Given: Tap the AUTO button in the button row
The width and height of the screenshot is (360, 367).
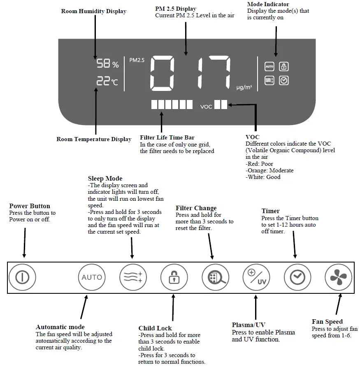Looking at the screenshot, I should point(91,277).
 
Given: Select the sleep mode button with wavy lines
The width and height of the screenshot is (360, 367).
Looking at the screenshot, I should point(132,277).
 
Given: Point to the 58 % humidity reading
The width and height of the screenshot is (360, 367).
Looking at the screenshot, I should point(107,64).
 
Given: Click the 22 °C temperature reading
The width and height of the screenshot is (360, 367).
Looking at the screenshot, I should point(107,81).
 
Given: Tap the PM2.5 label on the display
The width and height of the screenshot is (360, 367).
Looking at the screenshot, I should point(137,60).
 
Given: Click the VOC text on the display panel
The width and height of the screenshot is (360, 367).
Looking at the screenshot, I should point(206,107).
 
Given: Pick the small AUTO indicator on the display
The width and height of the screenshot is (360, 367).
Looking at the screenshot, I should point(269,66).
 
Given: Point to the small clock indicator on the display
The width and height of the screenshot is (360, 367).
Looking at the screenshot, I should point(283,81).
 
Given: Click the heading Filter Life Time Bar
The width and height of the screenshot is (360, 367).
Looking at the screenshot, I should point(167,137).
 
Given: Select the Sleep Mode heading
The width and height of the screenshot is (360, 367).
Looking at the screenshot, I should point(105,179).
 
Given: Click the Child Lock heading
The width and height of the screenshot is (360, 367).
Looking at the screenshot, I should point(155,328).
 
